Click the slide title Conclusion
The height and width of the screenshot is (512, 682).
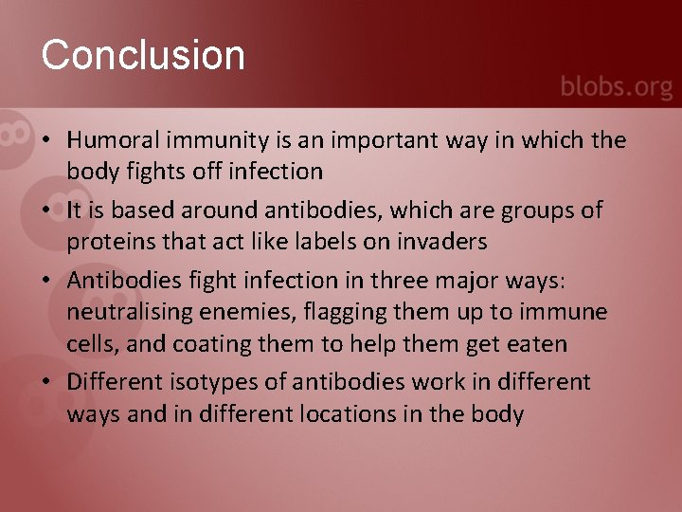click(143, 55)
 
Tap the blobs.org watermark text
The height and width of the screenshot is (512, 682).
click(616, 87)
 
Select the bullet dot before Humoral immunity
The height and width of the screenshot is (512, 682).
click(45, 141)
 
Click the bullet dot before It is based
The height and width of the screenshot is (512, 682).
click(45, 210)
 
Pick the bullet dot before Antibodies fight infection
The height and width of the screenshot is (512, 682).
click(45, 281)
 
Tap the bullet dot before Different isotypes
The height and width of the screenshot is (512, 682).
click(45, 383)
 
